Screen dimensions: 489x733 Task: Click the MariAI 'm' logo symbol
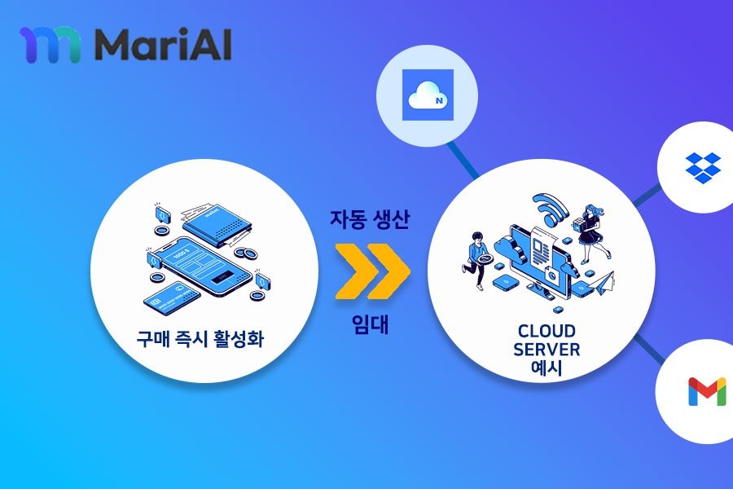pos(50,45)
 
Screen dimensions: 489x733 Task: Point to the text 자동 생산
pos(370,220)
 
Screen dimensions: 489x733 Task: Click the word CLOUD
pos(546,331)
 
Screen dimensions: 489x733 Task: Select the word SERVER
pos(546,349)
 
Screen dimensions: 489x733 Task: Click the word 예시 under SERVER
pos(546,368)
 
